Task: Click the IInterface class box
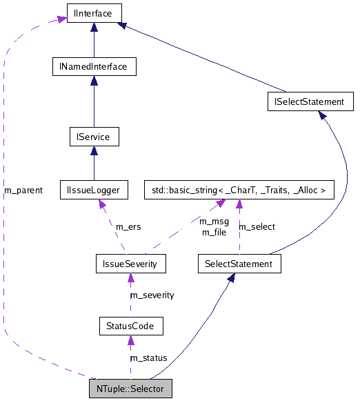click(x=94, y=12)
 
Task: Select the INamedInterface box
click(x=94, y=66)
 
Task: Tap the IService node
click(x=94, y=137)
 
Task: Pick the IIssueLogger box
click(x=94, y=188)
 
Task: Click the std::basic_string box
click(x=239, y=188)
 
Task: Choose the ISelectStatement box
click(x=310, y=101)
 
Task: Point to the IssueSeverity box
click(x=130, y=263)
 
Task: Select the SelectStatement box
click(x=239, y=263)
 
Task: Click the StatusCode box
click(x=130, y=325)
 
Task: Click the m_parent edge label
click(x=23, y=190)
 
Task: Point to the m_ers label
click(x=128, y=226)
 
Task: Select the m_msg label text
click(x=214, y=222)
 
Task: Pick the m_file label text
click(x=214, y=232)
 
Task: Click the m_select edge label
click(x=257, y=226)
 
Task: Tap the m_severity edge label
click(x=152, y=295)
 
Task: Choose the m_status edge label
click(x=148, y=358)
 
